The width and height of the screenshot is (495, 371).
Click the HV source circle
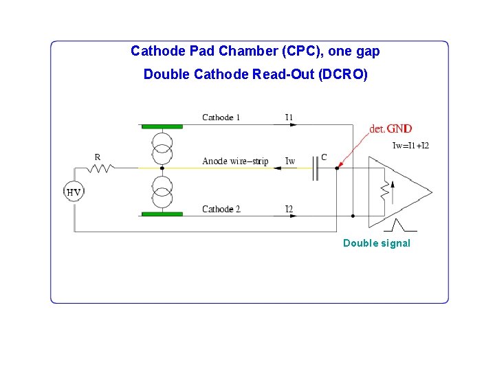pos(74,192)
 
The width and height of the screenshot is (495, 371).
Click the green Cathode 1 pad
pos(162,126)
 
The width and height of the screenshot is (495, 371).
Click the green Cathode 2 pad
pos(162,214)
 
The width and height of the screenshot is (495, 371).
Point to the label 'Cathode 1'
pos(221,117)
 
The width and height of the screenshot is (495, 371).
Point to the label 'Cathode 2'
pos(221,209)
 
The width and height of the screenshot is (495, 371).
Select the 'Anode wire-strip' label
pos(235,161)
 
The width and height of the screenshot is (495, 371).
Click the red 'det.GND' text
pos(390,128)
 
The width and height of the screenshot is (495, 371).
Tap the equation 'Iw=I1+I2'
pos(410,146)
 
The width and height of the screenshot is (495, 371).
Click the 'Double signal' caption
pos(376,243)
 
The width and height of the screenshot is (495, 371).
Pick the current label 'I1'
pos(289,117)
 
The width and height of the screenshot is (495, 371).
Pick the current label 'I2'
pos(289,209)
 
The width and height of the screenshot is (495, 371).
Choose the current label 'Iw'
pos(290,161)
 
